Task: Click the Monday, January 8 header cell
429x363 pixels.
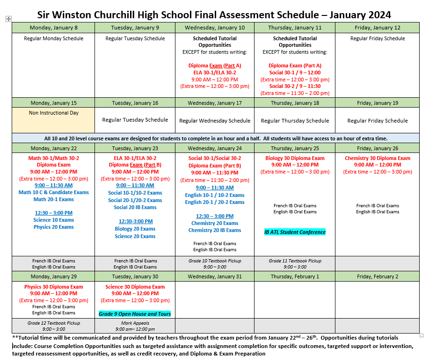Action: [x=53, y=28]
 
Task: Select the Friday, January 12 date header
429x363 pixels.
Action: [x=377, y=28]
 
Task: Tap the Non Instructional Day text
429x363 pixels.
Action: [x=54, y=113]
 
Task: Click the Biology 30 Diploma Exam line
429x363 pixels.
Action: [x=295, y=158]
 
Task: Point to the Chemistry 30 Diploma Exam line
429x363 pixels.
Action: [x=378, y=158]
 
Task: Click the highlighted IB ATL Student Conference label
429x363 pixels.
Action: [x=295, y=232]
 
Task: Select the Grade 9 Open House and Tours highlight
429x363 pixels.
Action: [x=135, y=314]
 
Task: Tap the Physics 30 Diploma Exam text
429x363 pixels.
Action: [x=54, y=287]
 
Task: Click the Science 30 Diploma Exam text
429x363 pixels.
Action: [x=135, y=287]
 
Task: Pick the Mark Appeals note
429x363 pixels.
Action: [x=135, y=323]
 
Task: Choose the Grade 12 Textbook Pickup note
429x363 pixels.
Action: [x=54, y=323]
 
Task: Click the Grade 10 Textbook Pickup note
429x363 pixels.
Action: [x=215, y=261]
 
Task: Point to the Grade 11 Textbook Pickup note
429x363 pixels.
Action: [x=295, y=261]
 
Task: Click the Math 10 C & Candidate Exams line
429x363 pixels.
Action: [x=54, y=192]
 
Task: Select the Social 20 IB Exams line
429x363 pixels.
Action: [x=135, y=207]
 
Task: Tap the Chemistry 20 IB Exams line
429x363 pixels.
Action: [x=215, y=230]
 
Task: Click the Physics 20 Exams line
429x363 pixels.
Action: [x=54, y=227]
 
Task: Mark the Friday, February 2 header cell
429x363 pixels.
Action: [x=377, y=276]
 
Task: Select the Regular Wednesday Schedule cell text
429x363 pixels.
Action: [x=215, y=121]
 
